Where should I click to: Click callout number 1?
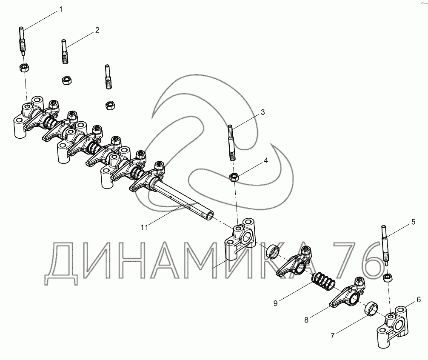pyautogui.click(x=61, y=9)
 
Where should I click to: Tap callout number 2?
pyautogui.click(x=97, y=30)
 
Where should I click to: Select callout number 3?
pyautogui.click(x=263, y=112)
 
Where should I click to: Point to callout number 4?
pyautogui.click(x=266, y=160)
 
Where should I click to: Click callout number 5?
pyautogui.click(x=413, y=222)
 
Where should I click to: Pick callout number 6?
pyautogui.click(x=419, y=300)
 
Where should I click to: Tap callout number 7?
pyautogui.click(x=332, y=336)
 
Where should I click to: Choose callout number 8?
pyautogui.click(x=306, y=320)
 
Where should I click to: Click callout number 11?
pyautogui.click(x=144, y=227)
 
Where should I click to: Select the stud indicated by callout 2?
pyautogui.click(x=64, y=51)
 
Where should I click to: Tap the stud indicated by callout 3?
pyautogui.click(x=231, y=143)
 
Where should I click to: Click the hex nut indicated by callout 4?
pyautogui.click(x=234, y=177)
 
